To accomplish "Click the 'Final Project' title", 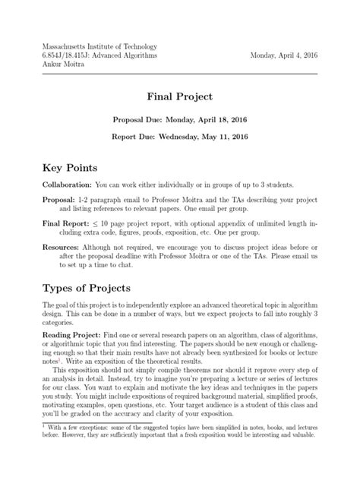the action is (180, 97).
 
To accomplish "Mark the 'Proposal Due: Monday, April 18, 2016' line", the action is (180, 120).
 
